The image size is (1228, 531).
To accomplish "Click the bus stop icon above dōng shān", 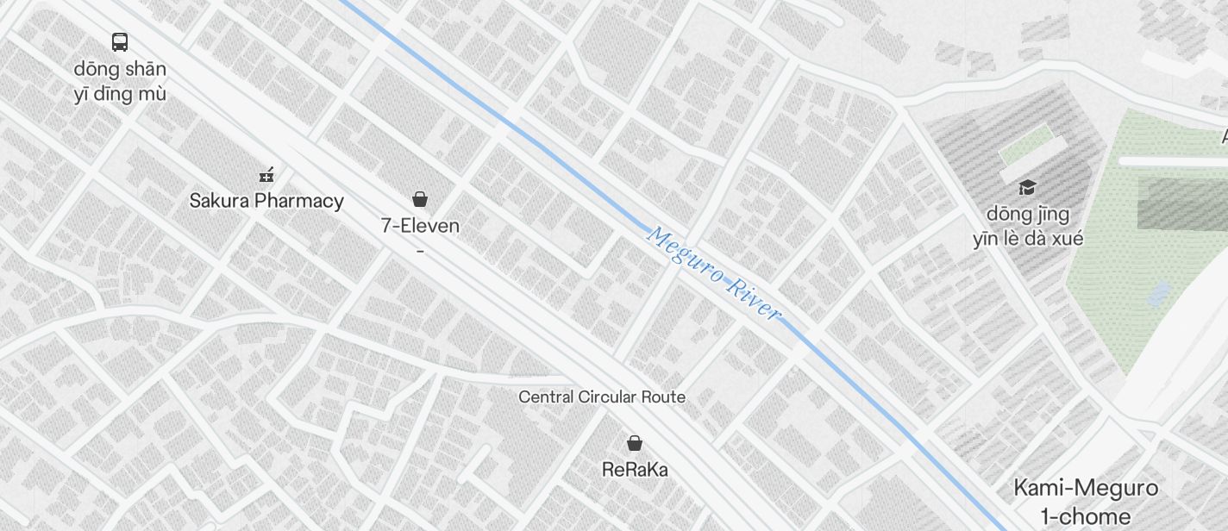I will coord(120,41).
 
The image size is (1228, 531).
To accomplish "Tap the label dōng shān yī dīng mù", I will coord(120,81).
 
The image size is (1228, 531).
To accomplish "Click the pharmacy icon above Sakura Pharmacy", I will coord(266,175).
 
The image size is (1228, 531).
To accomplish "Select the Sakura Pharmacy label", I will coord(266,201).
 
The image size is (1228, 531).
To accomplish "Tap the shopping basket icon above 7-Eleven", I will coord(420,200).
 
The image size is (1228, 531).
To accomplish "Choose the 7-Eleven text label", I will coord(420,226).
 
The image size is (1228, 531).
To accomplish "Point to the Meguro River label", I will coord(714,273).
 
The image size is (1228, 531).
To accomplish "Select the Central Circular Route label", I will coord(602,397).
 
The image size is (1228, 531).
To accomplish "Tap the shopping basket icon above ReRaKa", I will coord(635,443).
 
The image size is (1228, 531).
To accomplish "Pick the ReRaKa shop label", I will coord(635,470).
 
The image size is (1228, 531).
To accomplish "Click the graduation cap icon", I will coord(1027,187).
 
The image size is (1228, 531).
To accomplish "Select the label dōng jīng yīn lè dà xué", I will coord(1028,226).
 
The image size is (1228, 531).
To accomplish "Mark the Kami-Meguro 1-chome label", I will coord(1086,502).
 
